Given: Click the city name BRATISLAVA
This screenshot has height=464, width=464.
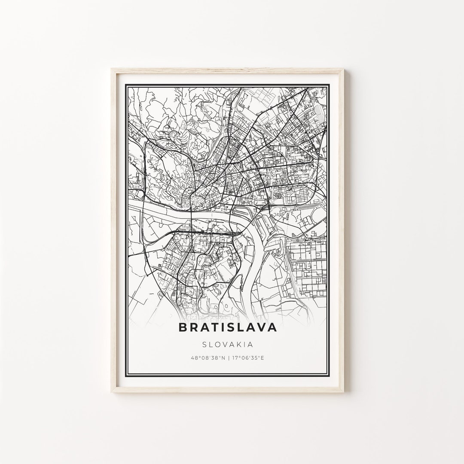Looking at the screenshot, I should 227,327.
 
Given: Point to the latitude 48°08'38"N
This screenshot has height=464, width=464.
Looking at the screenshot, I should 208,357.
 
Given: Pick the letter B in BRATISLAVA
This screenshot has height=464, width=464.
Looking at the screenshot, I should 182,327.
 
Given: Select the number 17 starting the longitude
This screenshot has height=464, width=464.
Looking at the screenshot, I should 235,357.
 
